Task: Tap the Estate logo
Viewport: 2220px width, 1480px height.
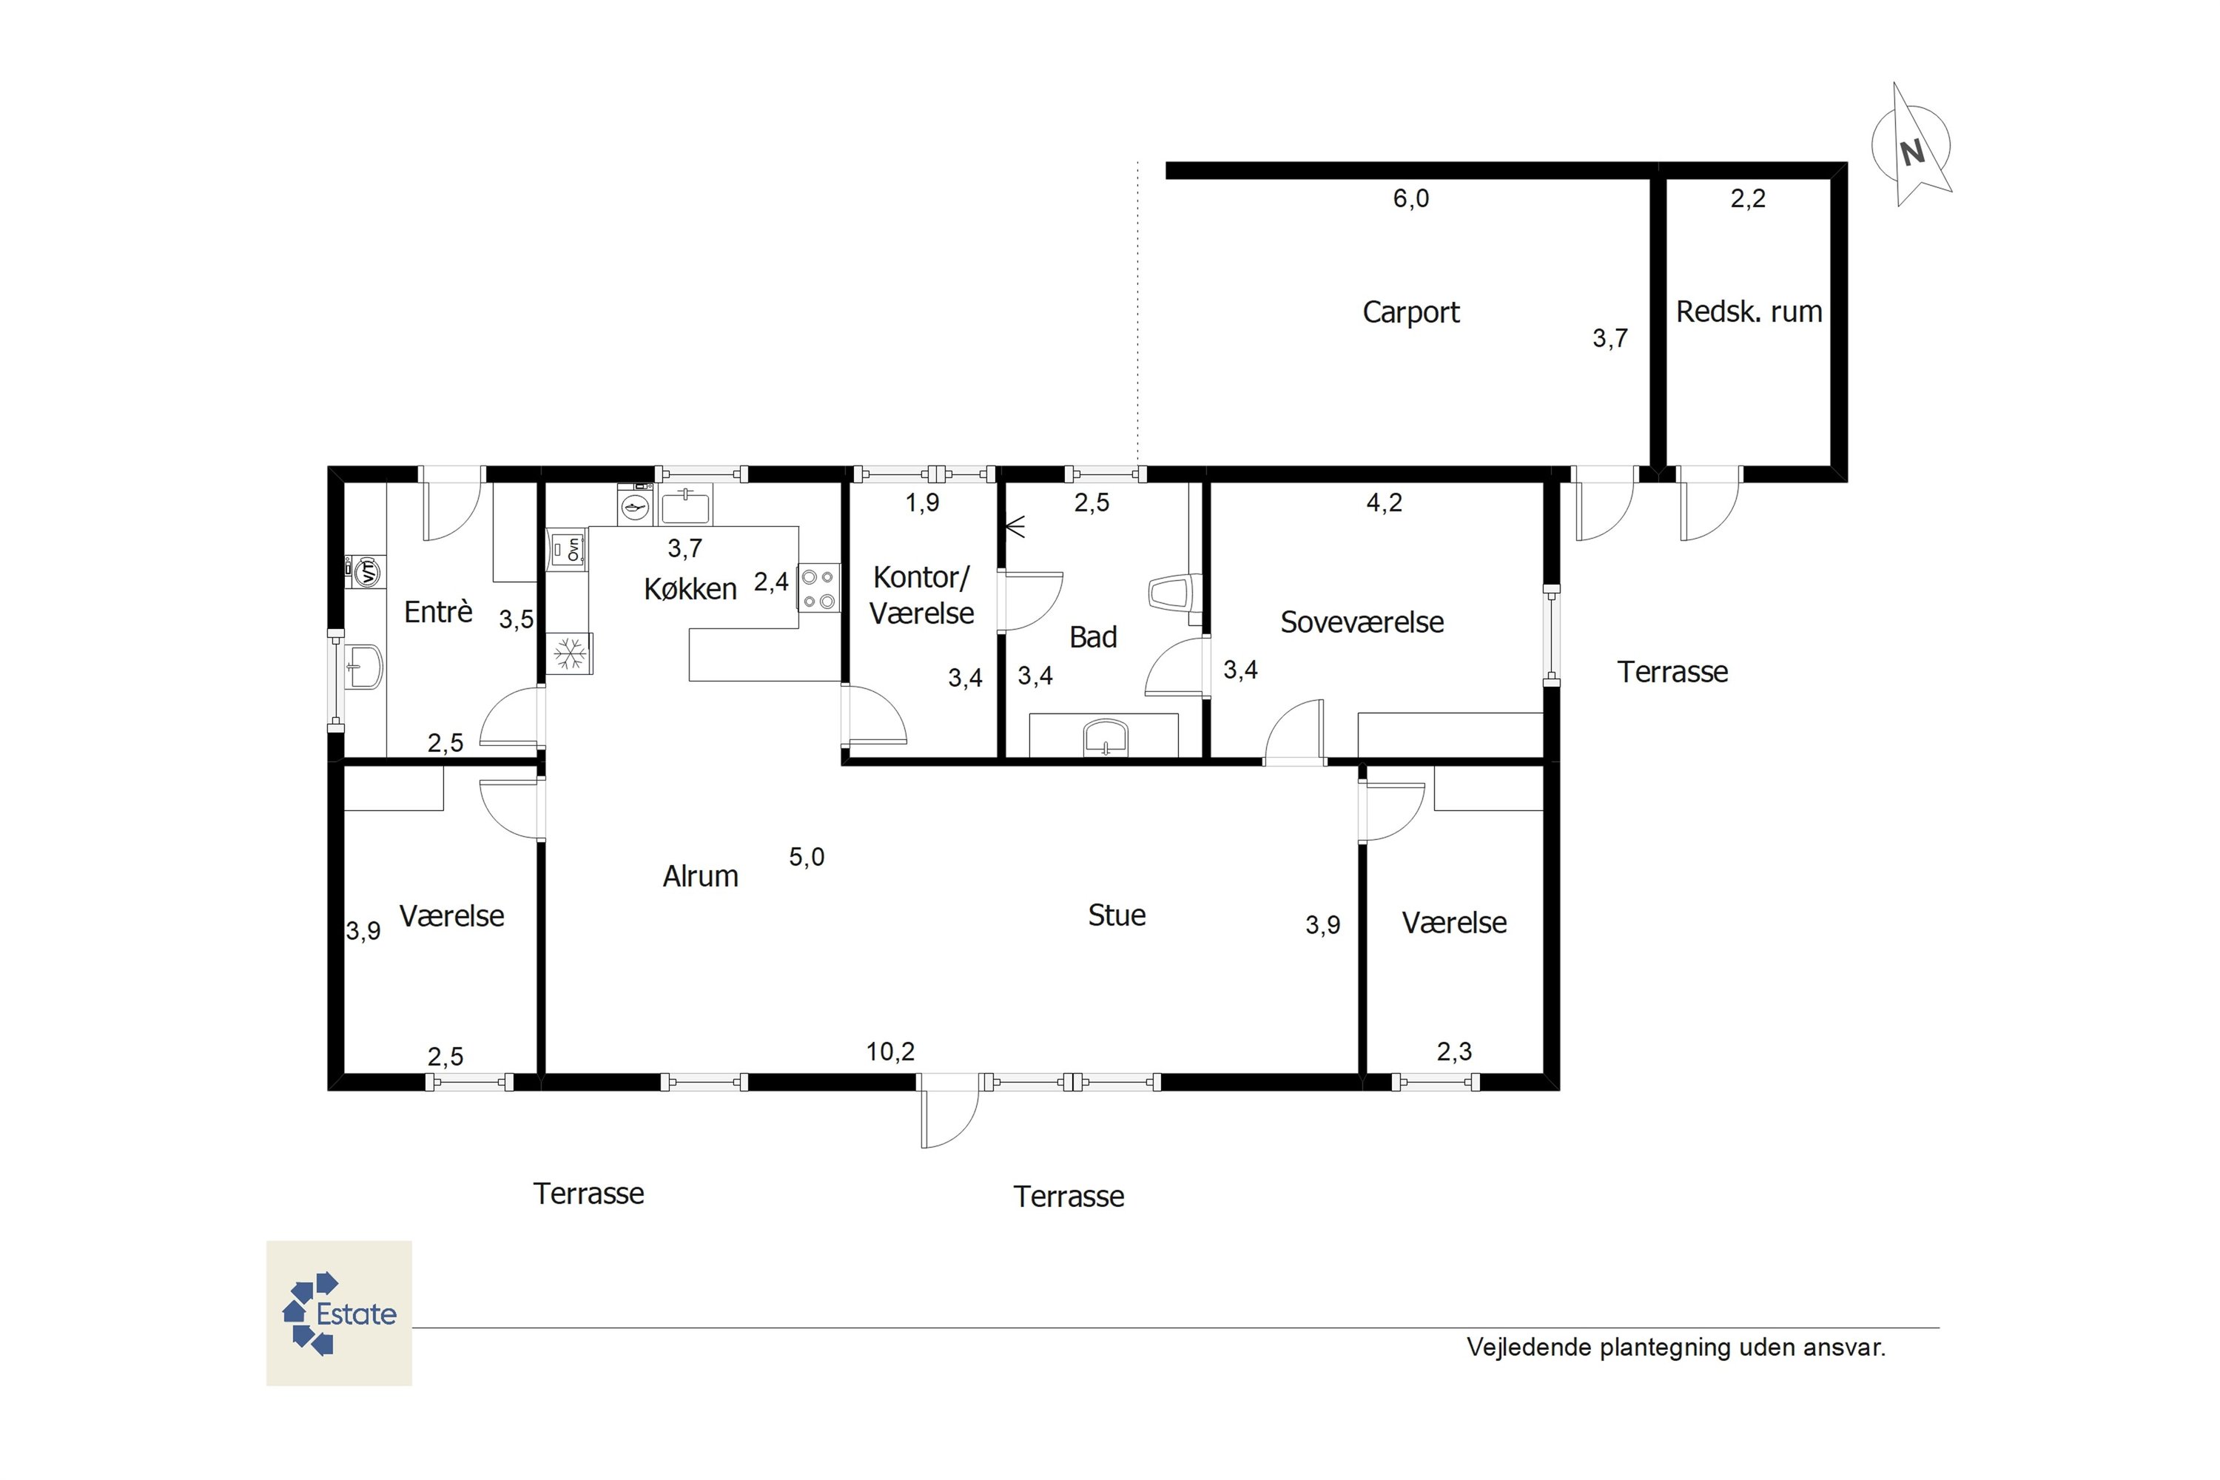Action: click(339, 1313)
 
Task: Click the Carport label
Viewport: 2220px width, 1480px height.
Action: click(1410, 312)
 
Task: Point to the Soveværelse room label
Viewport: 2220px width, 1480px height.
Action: click(1362, 622)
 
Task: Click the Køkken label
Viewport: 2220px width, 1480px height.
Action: click(690, 589)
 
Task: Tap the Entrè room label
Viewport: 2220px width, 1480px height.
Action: click(438, 612)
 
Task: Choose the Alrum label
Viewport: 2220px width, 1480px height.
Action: click(700, 876)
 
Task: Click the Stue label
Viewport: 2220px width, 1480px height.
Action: click(1117, 915)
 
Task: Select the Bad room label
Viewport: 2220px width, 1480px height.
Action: click(1093, 637)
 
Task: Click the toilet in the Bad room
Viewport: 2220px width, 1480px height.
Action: click(1173, 593)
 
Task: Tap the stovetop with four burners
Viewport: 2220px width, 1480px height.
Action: click(818, 588)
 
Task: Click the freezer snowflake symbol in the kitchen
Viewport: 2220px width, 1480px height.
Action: click(569, 653)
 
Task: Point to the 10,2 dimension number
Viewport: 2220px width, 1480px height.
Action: click(890, 1052)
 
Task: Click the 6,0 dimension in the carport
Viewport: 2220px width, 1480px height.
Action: click(1411, 198)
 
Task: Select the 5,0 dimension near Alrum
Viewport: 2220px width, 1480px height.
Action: click(807, 857)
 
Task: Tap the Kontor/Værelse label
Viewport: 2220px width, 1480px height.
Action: click(921, 595)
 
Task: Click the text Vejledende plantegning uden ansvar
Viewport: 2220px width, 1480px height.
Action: click(1675, 1348)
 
